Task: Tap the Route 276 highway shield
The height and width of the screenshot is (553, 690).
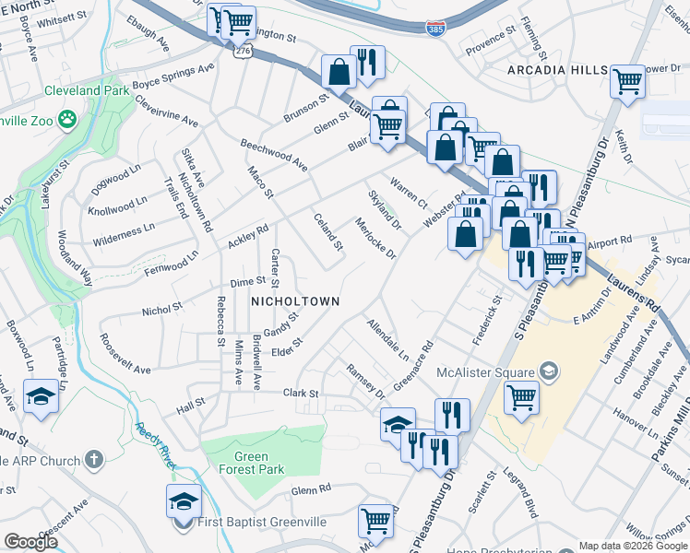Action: (241, 53)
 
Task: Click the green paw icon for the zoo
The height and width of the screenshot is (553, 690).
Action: (66, 118)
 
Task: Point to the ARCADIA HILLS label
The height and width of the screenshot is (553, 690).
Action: (557, 71)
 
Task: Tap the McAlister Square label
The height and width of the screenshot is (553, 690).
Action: (488, 372)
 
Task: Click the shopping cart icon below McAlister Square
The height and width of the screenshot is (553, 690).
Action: (521, 397)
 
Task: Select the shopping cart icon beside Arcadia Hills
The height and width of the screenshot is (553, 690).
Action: (628, 80)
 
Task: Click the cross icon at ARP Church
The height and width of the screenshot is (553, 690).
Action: (94, 459)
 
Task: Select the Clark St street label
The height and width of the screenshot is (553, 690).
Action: (301, 394)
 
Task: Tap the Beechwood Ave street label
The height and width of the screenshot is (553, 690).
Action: (273, 155)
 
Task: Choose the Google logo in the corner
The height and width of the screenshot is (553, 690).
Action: (30, 542)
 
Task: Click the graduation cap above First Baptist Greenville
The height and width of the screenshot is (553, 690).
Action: (184, 500)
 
